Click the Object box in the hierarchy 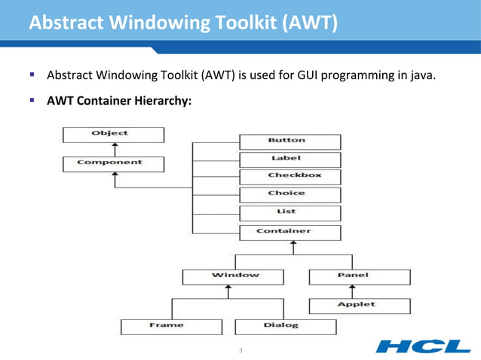click(x=112, y=134)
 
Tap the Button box click(x=290, y=141)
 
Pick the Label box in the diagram click(x=290, y=159)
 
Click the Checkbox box click(x=290, y=176)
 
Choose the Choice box click(x=290, y=194)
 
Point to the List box click(x=290, y=212)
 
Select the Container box click(x=290, y=232)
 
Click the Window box click(x=234, y=276)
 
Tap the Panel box click(x=360, y=276)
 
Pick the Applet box click(x=360, y=306)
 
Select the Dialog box click(x=284, y=327)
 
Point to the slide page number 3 click(x=240, y=351)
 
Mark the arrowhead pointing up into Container click(x=293, y=244)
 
